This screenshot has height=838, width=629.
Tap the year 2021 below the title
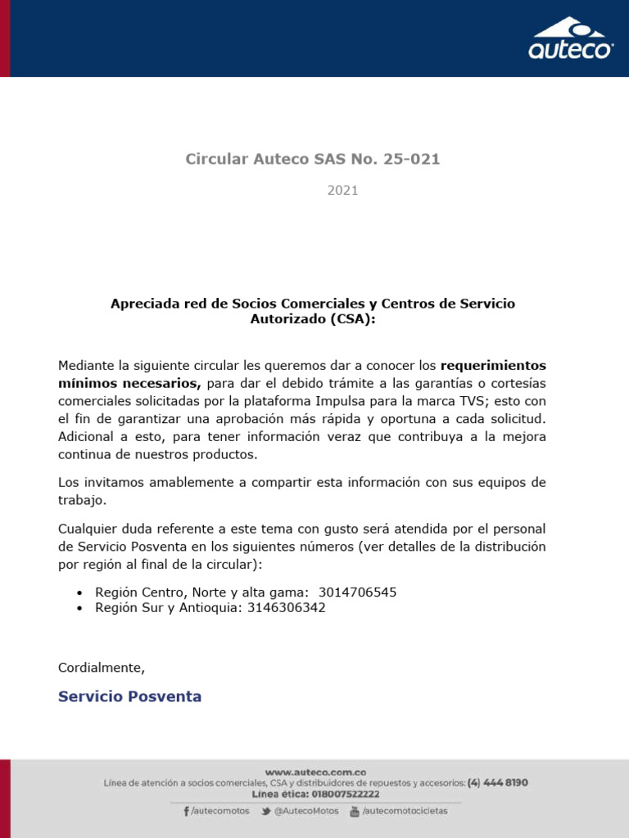pyautogui.click(x=342, y=191)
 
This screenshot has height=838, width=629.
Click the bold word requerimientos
pyautogui.click(x=493, y=365)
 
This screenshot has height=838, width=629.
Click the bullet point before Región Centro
pyautogui.click(x=79, y=592)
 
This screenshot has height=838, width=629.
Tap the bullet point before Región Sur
pyautogui.click(x=79, y=609)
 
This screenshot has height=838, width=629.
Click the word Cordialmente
pyautogui.click(x=101, y=668)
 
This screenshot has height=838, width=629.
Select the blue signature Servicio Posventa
pyautogui.click(x=129, y=696)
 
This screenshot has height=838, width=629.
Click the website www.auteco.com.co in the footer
pyautogui.click(x=315, y=771)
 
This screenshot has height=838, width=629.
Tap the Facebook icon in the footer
pyautogui.click(x=187, y=811)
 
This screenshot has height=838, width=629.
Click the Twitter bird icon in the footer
pyautogui.click(x=266, y=811)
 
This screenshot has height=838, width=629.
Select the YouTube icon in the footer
pyautogui.click(x=355, y=811)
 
